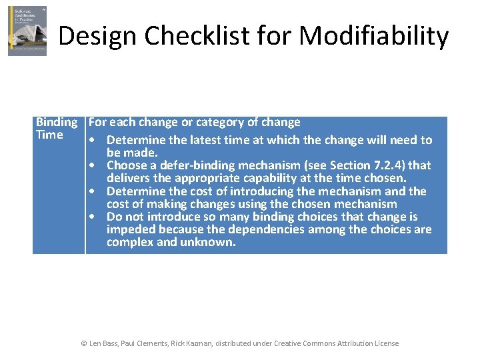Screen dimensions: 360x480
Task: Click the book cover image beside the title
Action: (27, 31)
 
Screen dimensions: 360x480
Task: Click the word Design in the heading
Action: (96, 36)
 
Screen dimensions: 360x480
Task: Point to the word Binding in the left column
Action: (56, 122)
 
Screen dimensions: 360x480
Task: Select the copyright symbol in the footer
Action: (84, 343)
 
